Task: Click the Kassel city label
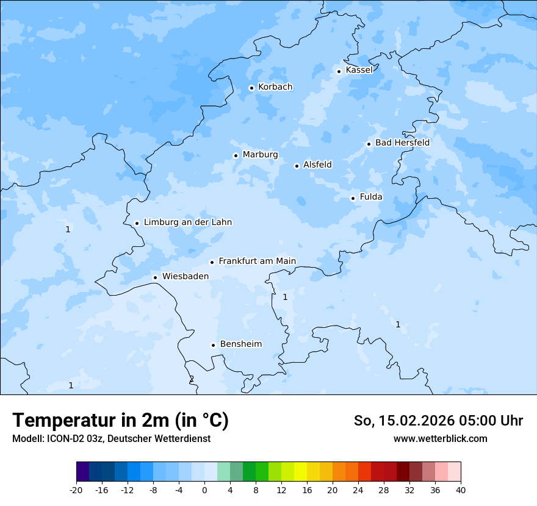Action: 359,70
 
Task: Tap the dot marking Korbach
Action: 251,88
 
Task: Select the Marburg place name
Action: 260,155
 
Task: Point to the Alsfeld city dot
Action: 297,166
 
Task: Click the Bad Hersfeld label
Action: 402,143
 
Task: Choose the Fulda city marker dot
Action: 353,198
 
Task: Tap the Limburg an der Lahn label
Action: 187,223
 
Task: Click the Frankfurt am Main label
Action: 257,262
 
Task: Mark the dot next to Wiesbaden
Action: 155,277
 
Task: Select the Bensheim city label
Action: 240,344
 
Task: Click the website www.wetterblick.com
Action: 440,438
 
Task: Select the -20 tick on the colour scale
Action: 76,490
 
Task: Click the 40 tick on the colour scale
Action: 460,490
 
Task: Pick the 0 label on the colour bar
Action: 204,490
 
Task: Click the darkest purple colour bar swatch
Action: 82,472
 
